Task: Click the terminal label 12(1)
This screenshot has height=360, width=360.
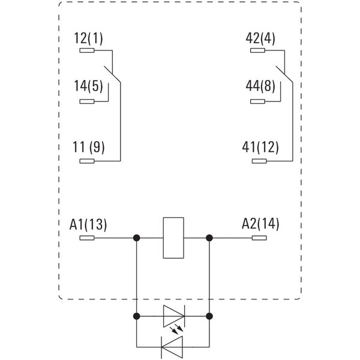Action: tap(88, 38)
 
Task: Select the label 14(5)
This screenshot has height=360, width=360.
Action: tap(88, 86)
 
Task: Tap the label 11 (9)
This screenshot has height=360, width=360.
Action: tap(89, 147)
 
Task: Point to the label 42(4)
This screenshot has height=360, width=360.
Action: tap(260, 38)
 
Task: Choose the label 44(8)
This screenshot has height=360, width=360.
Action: tap(260, 86)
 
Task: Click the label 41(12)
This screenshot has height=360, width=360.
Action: tap(260, 147)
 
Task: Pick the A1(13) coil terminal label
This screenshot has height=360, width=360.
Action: tap(88, 224)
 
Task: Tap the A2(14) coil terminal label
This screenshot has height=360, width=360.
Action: tap(260, 224)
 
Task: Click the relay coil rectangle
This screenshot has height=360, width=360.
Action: tap(173, 238)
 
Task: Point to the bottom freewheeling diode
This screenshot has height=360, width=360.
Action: tap(172, 347)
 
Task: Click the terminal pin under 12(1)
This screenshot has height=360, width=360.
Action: tap(87, 50)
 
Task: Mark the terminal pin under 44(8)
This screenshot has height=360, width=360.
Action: tap(257, 101)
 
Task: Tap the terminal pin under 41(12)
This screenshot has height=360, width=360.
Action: tap(259, 161)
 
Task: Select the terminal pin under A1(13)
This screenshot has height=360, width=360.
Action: tap(87, 238)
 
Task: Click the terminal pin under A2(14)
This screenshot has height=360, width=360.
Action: tap(259, 238)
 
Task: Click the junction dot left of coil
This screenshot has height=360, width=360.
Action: tap(137, 238)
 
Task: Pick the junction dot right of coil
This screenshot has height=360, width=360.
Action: tap(209, 238)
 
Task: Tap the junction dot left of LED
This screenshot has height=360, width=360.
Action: tap(137, 316)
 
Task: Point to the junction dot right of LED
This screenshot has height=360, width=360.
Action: tap(209, 316)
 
